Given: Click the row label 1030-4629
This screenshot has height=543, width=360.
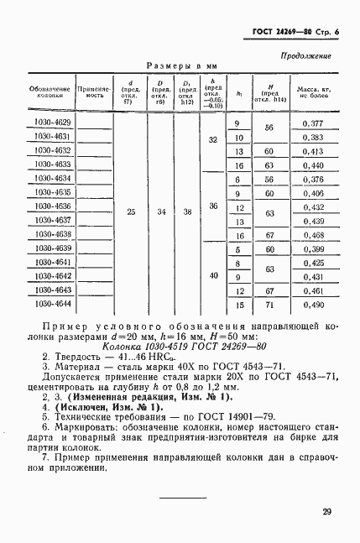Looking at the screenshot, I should coord(51,123).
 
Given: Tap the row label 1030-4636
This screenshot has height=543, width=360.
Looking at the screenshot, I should coord(51,206).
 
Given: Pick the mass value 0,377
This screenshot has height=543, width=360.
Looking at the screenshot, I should coord(312,123).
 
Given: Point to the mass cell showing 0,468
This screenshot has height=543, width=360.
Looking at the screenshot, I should coord(312,234).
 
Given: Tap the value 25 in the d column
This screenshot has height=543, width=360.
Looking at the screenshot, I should coord(130,213).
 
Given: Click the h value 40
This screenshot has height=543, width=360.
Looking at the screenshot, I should coord(213,275).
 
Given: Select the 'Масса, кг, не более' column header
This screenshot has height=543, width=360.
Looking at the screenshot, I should coord(312,91).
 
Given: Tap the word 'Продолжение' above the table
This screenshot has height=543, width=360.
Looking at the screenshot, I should coord(303,56).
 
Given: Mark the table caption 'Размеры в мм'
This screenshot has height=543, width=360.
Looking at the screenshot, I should coord(182,65).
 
